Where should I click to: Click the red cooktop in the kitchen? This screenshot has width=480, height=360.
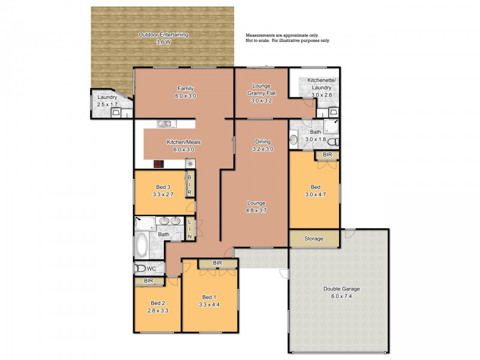tap(159, 164)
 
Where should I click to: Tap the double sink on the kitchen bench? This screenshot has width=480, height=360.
tap(165, 124)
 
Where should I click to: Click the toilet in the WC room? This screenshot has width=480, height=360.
tap(140, 269)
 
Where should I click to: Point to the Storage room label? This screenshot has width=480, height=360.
tap(313, 238)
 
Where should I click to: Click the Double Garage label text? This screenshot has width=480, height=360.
tap(342, 289)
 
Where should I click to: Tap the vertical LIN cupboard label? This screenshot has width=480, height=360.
tap(190, 229)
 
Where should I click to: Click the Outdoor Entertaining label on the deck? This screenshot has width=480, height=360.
tap(164, 35)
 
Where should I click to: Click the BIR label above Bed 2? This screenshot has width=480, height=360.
tap(148, 280)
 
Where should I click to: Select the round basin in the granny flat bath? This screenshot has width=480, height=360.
tap(294, 140)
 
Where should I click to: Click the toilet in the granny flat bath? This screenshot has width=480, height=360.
tap(337, 142)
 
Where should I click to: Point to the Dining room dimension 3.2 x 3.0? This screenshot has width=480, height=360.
tap(263, 149)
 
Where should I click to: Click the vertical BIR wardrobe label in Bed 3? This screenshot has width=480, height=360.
tap(190, 185)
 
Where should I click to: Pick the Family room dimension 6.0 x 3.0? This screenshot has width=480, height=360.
tap(185, 95)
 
